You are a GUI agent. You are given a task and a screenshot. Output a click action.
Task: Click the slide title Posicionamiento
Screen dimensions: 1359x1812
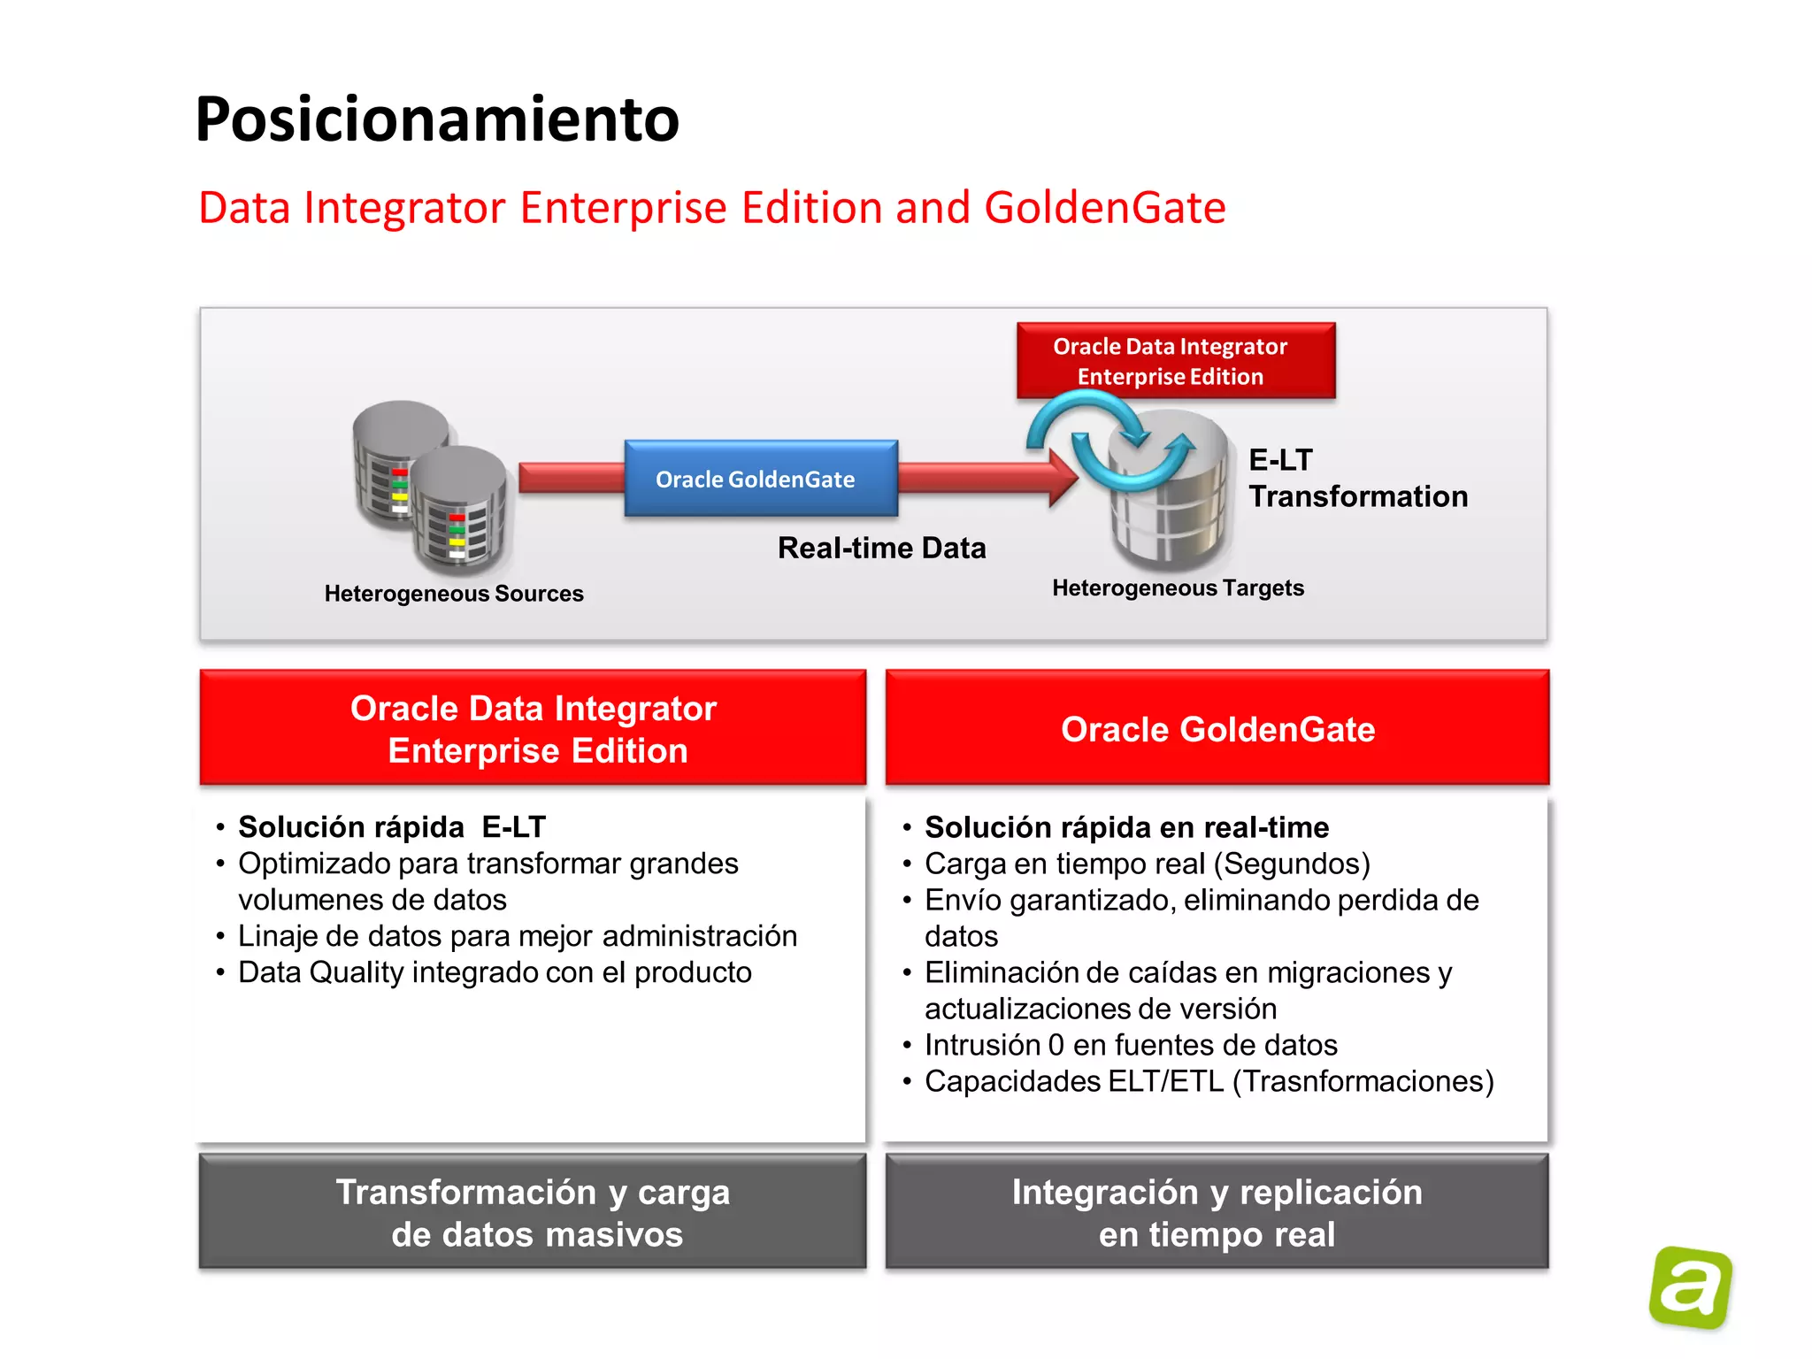coord(437,119)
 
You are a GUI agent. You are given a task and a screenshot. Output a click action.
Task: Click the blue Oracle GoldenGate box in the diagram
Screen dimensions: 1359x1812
coord(761,479)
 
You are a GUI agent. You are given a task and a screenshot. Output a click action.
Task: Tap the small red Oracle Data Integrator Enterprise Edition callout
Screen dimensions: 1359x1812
coord(1175,361)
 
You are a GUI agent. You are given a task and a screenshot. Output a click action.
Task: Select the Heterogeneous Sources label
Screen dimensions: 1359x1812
coord(454,594)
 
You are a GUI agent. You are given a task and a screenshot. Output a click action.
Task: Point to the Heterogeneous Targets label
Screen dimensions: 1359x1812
coord(1178,588)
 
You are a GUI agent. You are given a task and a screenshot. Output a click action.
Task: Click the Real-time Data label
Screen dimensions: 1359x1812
coord(881,549)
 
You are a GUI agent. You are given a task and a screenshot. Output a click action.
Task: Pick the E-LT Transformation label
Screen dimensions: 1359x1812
coord(1357,479)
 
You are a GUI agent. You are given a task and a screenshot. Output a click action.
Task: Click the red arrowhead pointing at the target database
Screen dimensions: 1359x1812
coord(1063,478)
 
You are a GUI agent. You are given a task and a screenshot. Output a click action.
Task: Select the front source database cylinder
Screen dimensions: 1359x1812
coord(458,509)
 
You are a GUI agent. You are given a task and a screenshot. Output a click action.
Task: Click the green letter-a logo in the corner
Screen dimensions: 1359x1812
coord(1690,1287)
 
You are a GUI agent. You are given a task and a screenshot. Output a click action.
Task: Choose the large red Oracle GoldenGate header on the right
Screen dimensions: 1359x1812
coord(1217,729)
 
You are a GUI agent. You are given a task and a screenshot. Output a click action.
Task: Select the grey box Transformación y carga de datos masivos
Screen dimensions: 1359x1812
coord(533,1213)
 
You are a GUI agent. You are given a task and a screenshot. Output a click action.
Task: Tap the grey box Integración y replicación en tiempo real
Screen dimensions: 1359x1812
coord(1217,1213)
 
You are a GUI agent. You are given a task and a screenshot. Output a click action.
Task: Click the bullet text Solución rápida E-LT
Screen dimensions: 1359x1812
coord(392,827)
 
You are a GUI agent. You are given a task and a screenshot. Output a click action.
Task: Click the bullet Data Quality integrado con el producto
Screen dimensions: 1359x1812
coord(495,972)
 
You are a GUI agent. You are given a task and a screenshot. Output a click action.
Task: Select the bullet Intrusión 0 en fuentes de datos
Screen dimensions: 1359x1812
coord(1131,1045)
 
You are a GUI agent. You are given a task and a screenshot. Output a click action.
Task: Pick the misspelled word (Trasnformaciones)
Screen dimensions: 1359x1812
coord(1363,1081)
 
